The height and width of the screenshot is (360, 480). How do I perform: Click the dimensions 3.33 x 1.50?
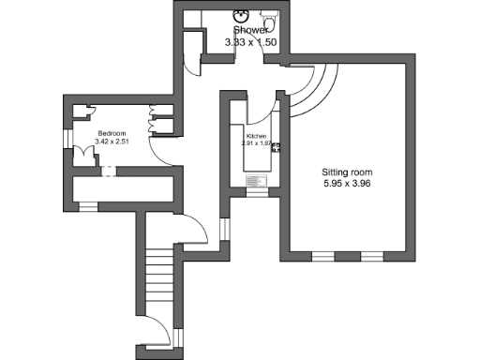252,42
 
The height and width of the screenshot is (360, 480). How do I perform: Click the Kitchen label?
256,136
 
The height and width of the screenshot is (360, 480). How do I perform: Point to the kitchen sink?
255,181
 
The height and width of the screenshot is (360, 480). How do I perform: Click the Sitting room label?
349,173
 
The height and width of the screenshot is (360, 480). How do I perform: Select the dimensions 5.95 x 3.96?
349,186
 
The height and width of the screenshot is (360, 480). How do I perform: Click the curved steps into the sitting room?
309,89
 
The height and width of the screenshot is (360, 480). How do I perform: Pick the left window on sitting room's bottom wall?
324,255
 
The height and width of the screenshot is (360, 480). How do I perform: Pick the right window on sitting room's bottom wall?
372,255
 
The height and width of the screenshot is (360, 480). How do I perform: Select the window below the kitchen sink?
255,193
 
